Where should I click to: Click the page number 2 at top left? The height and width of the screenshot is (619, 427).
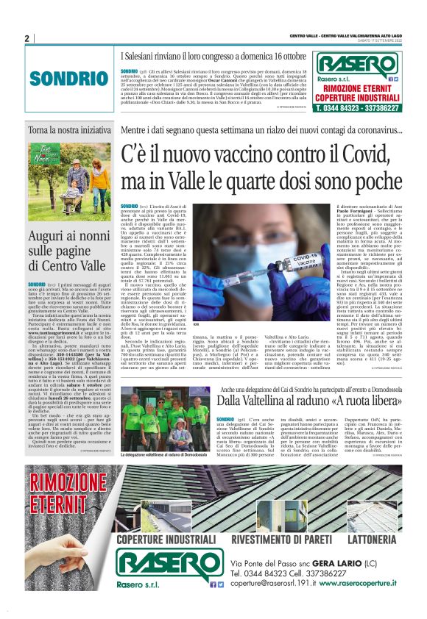(x=27, y=38)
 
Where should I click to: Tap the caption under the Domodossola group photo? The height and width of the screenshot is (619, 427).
(x=164, y=456)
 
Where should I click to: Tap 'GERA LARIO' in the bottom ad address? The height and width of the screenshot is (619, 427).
(x=337, y=564)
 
